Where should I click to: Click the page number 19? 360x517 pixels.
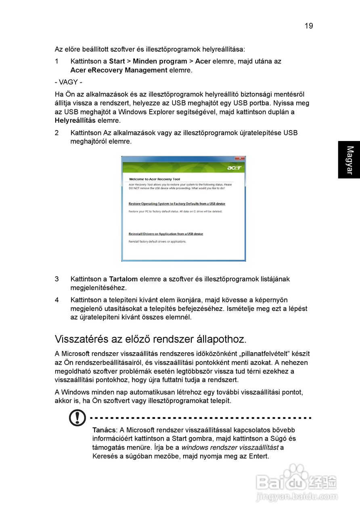(x=308, y=26)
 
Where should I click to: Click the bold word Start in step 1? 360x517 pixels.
(x=117, y=61)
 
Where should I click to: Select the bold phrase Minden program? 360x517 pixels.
(x=160, y=61)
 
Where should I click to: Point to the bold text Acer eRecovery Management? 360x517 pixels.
(x=119, y=70)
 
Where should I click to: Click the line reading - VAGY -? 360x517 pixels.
(x=69, y=82)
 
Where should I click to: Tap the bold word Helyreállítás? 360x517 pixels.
(x=75, y=121)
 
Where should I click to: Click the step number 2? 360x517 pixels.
(x=57, y=133)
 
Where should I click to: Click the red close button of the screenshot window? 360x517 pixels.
(x=240, y=158)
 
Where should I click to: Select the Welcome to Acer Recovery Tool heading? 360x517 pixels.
(x=154, y=179)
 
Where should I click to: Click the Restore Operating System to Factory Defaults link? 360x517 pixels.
(x=177, y=204)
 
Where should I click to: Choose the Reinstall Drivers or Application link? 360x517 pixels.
(x=165, y=234)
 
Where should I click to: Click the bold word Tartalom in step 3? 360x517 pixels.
(x=123, y=279)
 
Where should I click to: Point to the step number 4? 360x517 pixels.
(x=57, y=300)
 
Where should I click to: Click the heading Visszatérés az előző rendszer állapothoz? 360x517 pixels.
(x=150, y=338)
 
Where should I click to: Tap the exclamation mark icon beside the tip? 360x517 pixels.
(x=77, y=418)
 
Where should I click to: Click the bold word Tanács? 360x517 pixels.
(x=104, y=430)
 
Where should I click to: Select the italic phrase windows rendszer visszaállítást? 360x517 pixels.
(x=230, y=448)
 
